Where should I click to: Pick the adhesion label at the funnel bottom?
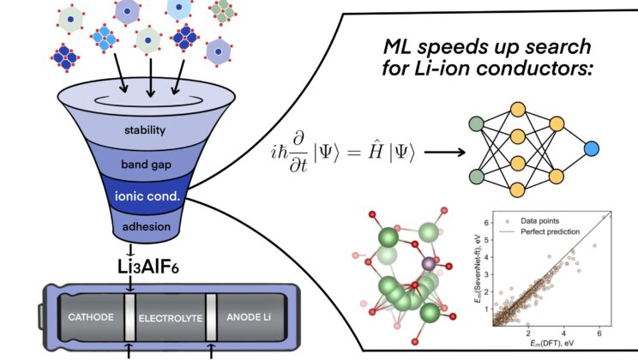pyautogui.click(x=151, y=227)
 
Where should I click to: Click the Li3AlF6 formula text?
pyautogui.click(x=151, y=261)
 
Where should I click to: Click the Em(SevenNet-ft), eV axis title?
pyautogui.click(x=481, y=271)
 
